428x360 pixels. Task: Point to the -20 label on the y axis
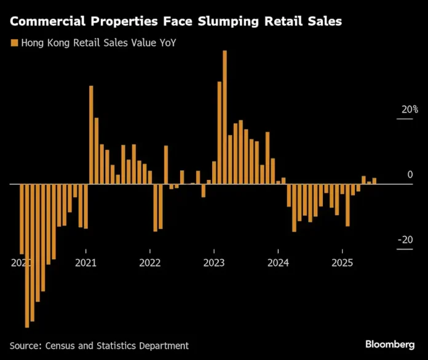pos(405,240)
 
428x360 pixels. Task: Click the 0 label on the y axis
pos(410,175)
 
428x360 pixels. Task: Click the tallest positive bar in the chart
pos(224,117)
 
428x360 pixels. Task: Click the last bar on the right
pos(374,181)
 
